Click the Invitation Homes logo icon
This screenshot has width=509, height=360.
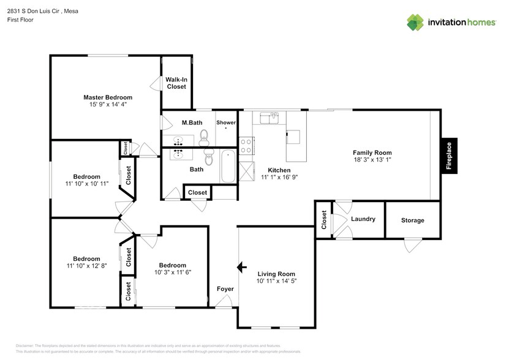pyautogui.click(x=415, y=23)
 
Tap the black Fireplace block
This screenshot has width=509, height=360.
pyautogui.click(x=448, y=155)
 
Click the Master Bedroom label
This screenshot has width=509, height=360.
pyautogui.click(x=108, y=97)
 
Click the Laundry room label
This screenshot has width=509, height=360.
pyautogui.click(x=363, y=219)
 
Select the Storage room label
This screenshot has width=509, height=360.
pyautogui.click(x=412, y=220)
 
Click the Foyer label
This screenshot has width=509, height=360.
pyautogui.click(x=225, y=289)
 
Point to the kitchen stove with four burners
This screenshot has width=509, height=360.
pyautogui.click(x=246, y=145)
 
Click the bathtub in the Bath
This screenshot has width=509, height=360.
pyautogui.click(x=228, y=166)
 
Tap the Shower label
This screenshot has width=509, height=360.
pyautogui.click(x=225, y=122)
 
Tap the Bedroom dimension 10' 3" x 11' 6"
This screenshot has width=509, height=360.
pyautogui.click(x=172, y=272)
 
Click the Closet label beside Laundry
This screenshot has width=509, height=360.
pyautogui.click(x=323, y=219)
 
